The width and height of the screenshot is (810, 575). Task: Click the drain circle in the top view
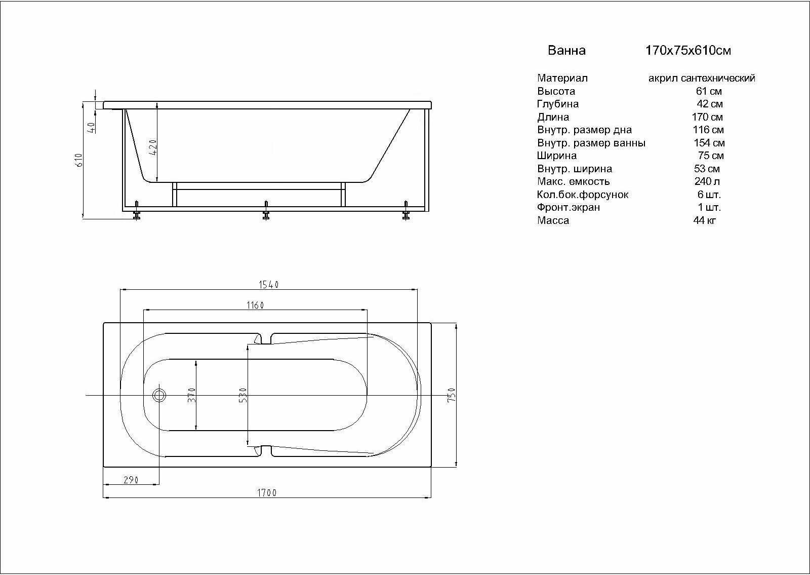(159, 395)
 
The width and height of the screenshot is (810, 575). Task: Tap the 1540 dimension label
(269, 285)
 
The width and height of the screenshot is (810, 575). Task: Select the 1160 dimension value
(255, 305)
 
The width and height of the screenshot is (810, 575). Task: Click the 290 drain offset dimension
(131, 480)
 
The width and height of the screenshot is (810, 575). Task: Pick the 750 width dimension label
(452, 395)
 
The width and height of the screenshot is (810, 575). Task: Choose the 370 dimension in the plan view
(191, 395)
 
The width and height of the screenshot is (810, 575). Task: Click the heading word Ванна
(566, 51)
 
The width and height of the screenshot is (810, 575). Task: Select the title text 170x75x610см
(688, 51)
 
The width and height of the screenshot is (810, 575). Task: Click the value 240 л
(707, 181)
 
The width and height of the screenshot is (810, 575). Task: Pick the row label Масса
(553, 220)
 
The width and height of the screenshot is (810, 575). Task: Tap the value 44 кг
(705, 220)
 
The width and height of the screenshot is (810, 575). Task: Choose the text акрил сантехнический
(702, 79)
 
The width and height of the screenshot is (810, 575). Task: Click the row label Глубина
(558, 104)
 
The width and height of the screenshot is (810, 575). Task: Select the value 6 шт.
(709, 195)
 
